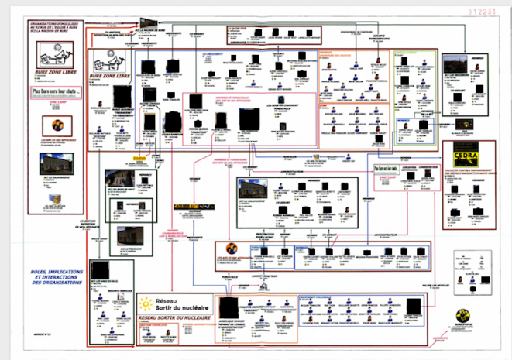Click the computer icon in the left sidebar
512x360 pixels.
(55, 199)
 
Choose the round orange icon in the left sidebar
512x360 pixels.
(56, 125)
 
